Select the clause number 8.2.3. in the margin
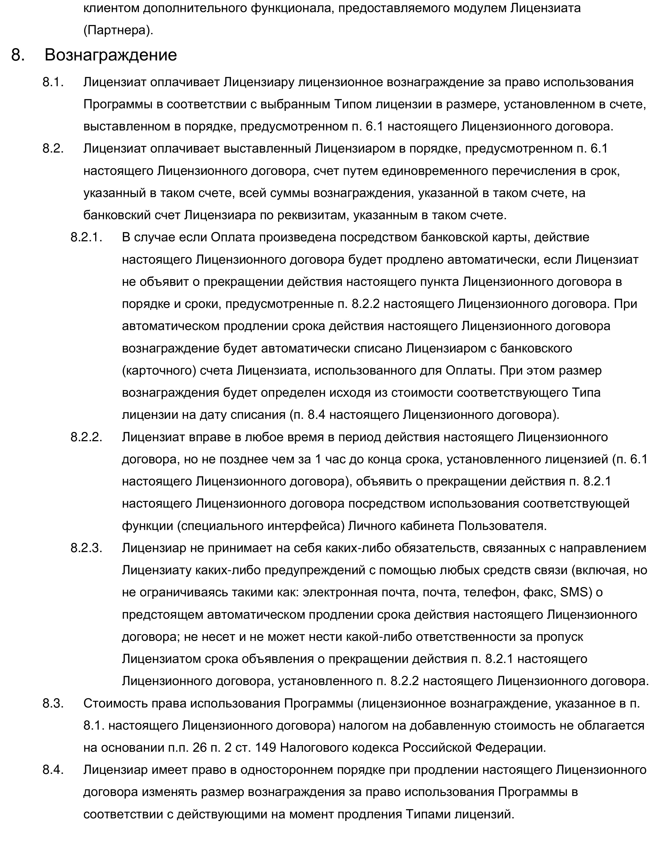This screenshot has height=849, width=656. tap(86, 548)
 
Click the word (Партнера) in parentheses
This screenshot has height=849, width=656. tap(118, 30)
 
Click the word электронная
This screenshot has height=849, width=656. tap(340, 592)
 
